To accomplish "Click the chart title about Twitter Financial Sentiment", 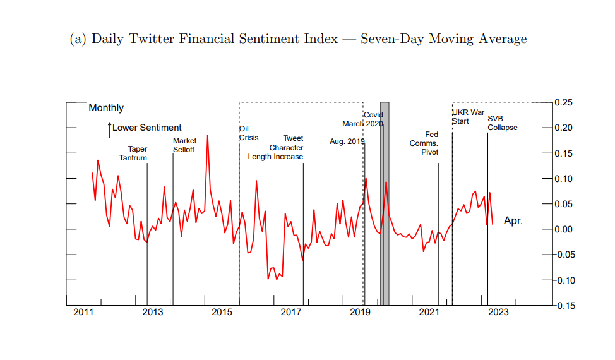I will click(x=297, y=39).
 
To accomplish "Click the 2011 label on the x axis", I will click(x=84, y=312).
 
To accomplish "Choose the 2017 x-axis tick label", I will click(x=291, y=312).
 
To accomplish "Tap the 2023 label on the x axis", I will click(x=498, y=312).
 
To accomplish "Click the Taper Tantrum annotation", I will click(x=133, y=153).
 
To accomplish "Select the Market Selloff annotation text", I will click(x=184, y=145).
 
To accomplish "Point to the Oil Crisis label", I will click(x=248, y=133).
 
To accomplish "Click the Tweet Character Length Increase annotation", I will click(x=276, y=147).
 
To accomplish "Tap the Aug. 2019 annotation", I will click(x=347, y=141).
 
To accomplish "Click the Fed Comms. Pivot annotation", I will click(x=424, y=143).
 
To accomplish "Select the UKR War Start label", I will click(x=468, y=117).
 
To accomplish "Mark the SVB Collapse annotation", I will click(x=502, y=123).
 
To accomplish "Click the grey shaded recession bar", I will click(x=385, y=202).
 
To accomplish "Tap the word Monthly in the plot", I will click(x=106, y=108).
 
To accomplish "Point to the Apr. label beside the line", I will click(x=513, y=221).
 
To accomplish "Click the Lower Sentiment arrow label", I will click(x=145, y=128).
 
